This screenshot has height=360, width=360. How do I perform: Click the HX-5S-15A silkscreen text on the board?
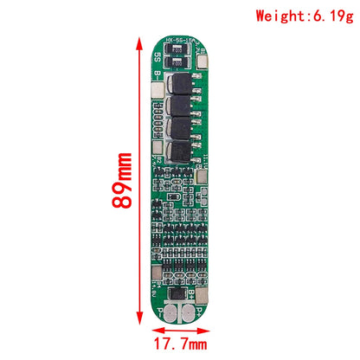point(181,41)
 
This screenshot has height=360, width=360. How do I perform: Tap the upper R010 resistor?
point(178,50)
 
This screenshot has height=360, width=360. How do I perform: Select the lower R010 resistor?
point(178,62)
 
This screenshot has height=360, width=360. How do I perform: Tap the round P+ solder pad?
point(189,313)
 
